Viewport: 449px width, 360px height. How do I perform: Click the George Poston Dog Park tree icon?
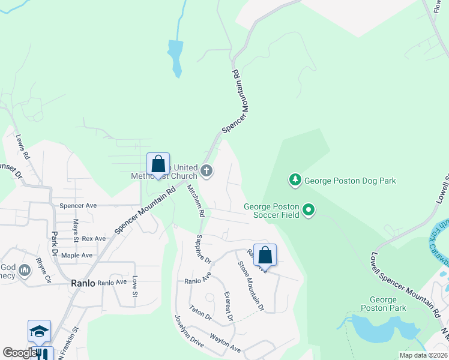[295, 179]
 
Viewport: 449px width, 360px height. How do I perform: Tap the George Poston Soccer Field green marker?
[309, 210]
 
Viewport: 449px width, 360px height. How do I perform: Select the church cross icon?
[206, 172]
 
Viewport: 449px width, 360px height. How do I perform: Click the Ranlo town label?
[83, 283]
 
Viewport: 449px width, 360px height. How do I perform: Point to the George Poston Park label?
[383, 304]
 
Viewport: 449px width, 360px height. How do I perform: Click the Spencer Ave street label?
[78, 205]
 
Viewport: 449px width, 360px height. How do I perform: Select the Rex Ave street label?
[94, 238]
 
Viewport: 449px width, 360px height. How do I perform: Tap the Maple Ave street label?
[77, 255]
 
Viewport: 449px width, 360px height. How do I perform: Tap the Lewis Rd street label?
[23, 146]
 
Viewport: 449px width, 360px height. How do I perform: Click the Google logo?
[19, 353]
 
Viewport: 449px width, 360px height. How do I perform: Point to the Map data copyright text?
[423, 355]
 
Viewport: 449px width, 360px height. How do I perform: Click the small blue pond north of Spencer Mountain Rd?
[175, 56]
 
